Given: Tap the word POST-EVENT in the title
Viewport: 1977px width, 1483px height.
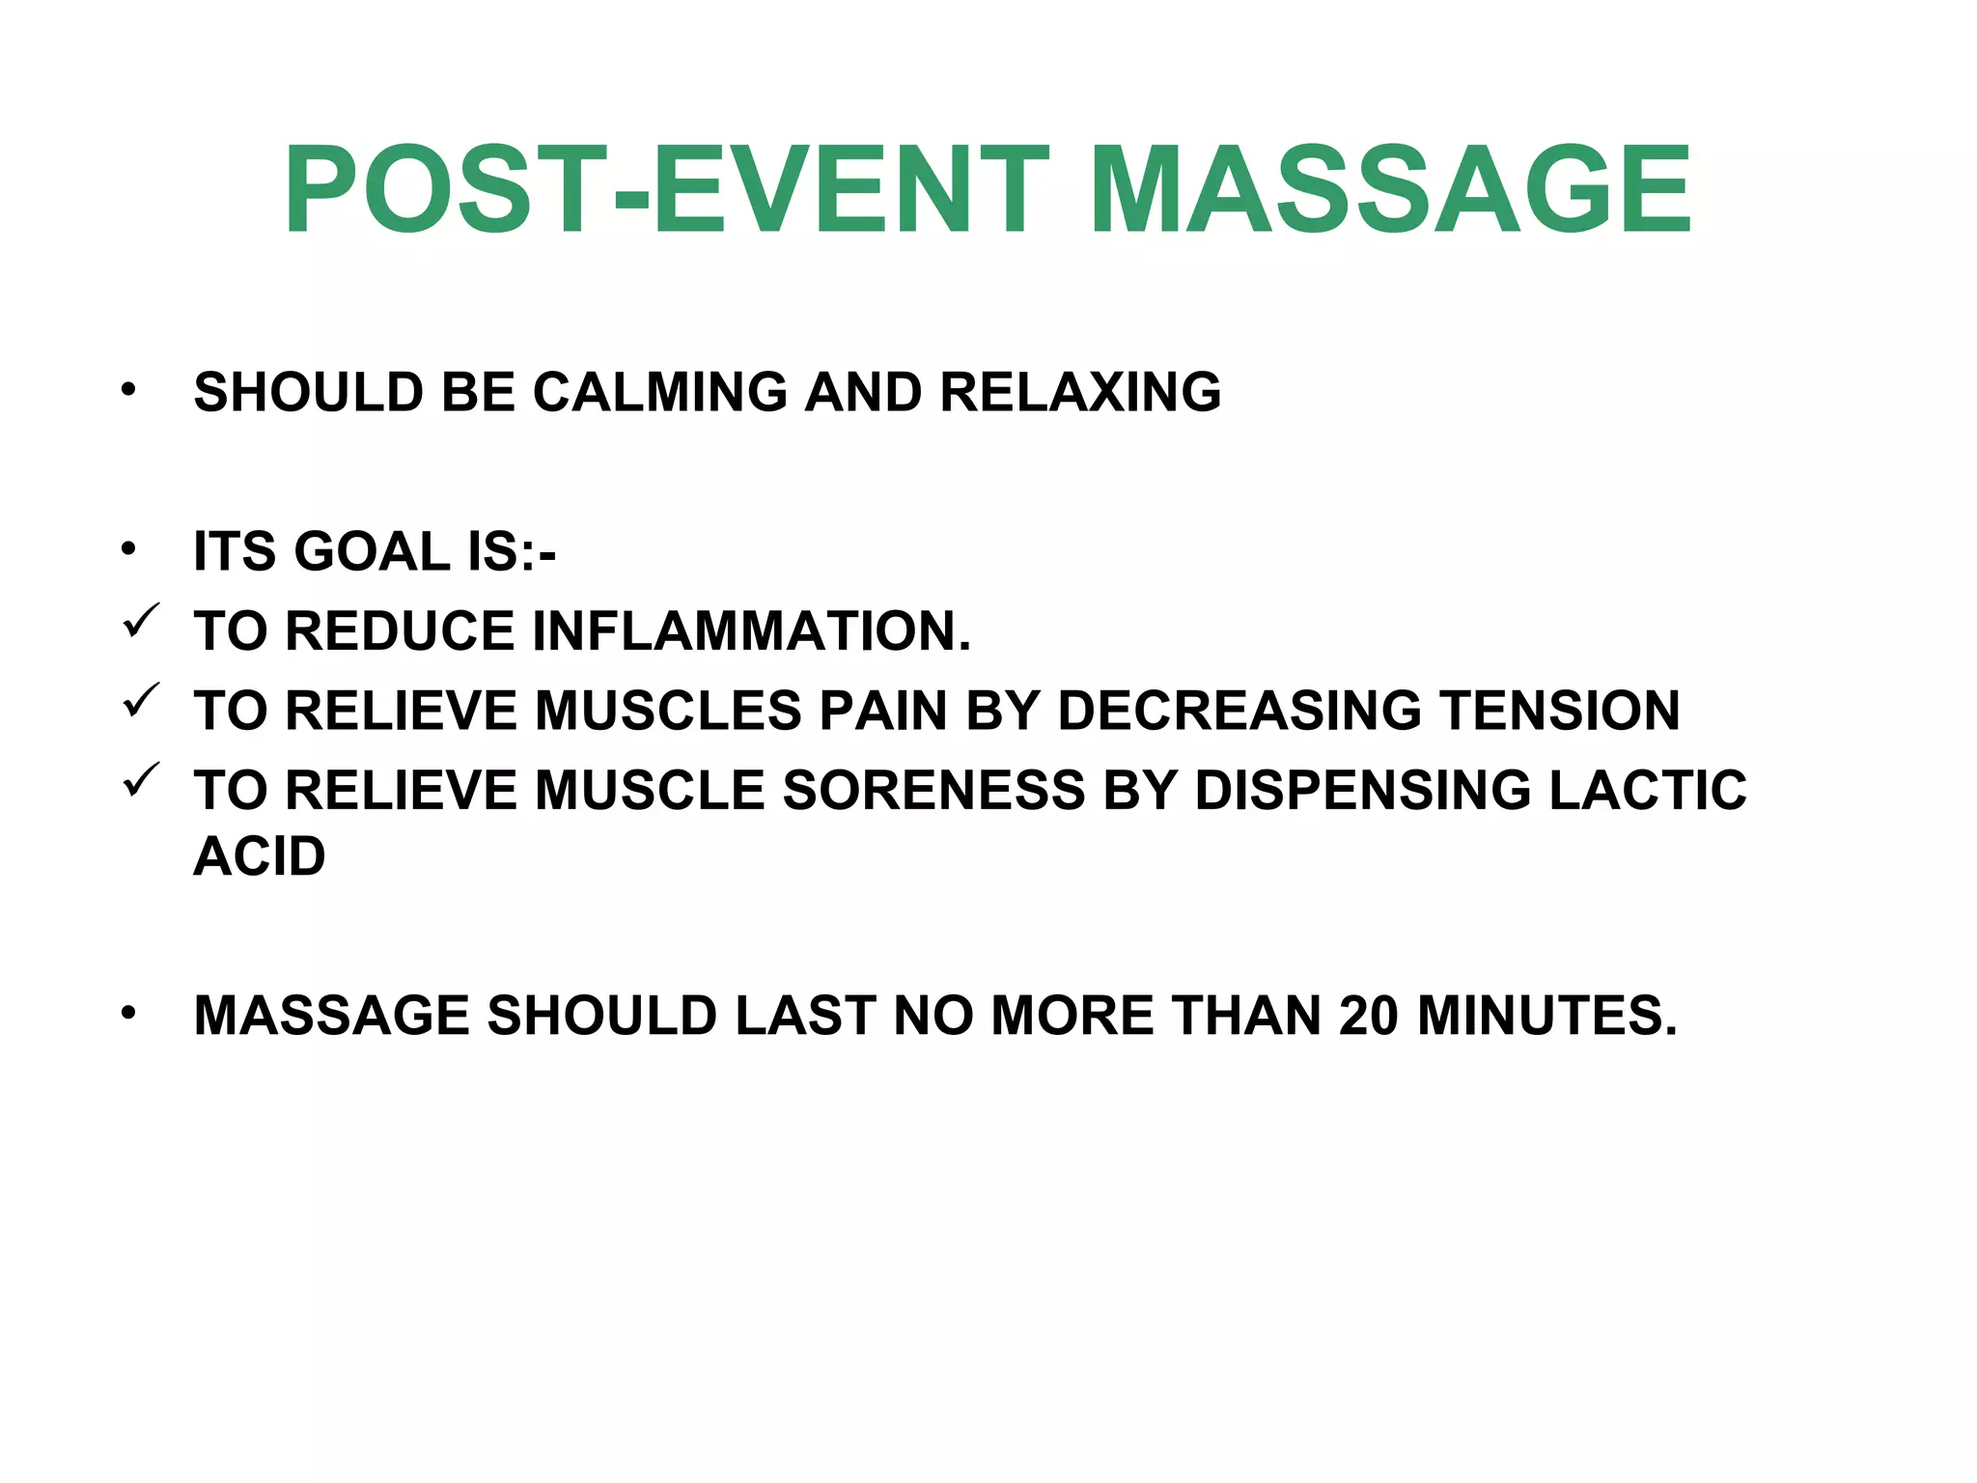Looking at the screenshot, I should coord(666,189).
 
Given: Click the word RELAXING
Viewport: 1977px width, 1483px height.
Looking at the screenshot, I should coord(1080,393).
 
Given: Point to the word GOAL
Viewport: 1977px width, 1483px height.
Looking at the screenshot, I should coord(371,552).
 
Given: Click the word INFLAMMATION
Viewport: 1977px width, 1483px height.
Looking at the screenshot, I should coord(751,631).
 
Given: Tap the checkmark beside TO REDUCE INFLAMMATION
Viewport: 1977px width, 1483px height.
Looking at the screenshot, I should coord(141,621).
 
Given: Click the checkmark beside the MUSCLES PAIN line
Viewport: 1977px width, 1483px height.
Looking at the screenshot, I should coord(141,701).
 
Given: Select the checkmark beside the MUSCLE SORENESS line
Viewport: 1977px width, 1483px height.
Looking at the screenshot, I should coord(141,780).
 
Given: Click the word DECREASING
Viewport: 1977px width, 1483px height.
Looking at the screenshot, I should coord(1239,712).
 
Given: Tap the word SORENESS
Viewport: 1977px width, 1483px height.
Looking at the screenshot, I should coord(933,791).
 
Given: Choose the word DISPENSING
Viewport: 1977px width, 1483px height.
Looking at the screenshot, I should coord(1362,791).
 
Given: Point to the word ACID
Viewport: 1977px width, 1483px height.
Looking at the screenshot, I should coord(260,856).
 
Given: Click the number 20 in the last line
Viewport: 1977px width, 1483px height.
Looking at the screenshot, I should coord(1369,1016).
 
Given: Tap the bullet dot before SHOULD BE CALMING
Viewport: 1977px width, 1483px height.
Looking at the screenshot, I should coord(128,391).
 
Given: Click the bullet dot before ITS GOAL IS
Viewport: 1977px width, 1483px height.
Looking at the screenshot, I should coord(128,550).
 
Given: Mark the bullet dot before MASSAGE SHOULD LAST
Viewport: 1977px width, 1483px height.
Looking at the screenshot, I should coord(128,1014).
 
